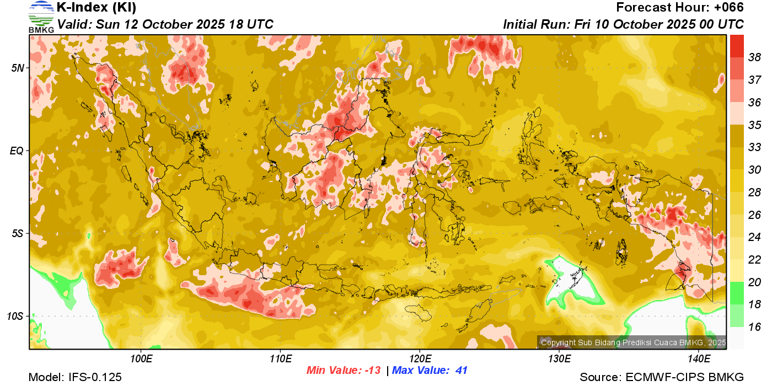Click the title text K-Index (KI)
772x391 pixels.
[96, 8]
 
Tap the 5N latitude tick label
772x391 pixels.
[17, 68]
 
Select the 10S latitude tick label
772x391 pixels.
[15, 317]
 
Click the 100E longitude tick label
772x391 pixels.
[141, 358]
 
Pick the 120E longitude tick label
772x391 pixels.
[420, 358]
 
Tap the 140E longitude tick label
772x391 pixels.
[699, 358]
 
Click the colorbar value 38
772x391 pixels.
[754, 57]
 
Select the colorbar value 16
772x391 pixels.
[754, 327]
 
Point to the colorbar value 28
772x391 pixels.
[754, 192]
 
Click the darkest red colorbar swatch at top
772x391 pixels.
[737, 45]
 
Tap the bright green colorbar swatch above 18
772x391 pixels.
[737, 292]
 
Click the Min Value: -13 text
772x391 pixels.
[344, 371]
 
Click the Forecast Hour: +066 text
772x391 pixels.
[680, 8]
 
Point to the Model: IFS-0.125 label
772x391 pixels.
[75, 378]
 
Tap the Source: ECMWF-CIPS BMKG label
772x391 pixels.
[662, 378]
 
